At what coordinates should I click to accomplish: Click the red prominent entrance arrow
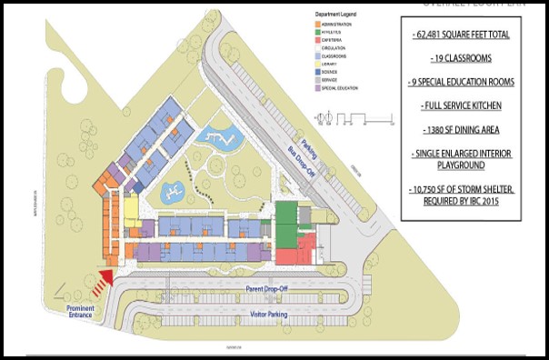[107, 279]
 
